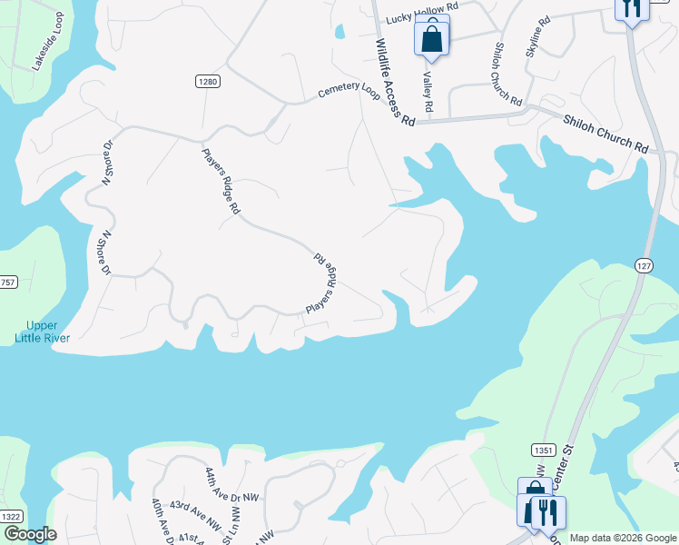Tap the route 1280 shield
click(x=208, y=82)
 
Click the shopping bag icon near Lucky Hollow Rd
click(x=432, y=38)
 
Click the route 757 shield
click(x=7, y=282)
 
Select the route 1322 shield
click(x=11, y=517)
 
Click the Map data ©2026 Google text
click(x=622, y=538)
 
